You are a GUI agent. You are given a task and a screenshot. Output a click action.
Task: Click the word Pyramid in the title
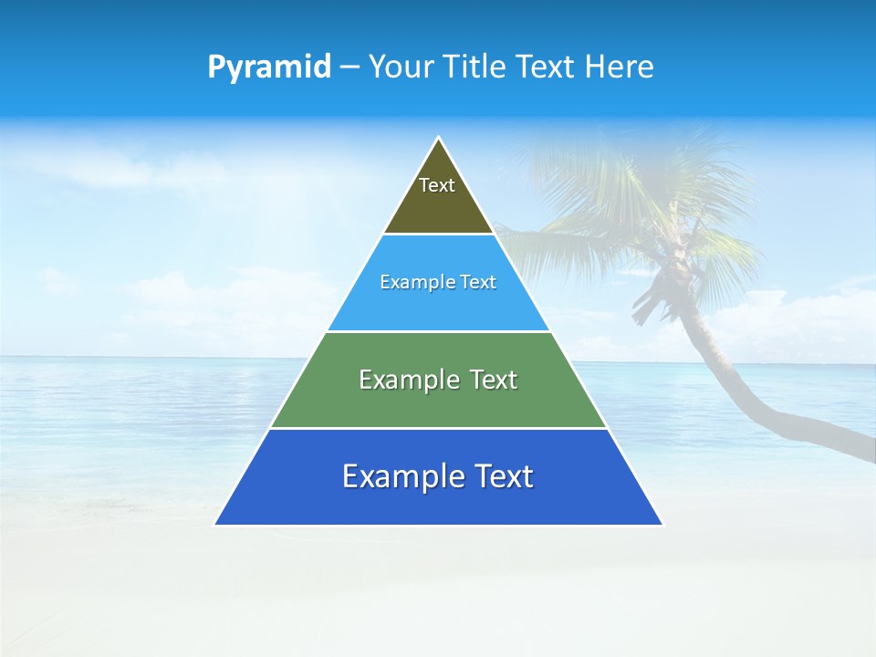point(268,68)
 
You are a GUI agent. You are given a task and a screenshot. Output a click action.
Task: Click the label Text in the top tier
point(437,185)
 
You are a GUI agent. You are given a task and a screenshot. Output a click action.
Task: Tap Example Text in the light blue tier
point(438,282)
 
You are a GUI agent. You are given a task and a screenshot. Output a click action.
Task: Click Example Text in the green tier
point(438,380)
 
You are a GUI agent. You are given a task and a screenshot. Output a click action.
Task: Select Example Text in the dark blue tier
point(438,476)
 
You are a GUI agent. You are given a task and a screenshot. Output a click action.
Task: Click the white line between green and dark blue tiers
point(438,428)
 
